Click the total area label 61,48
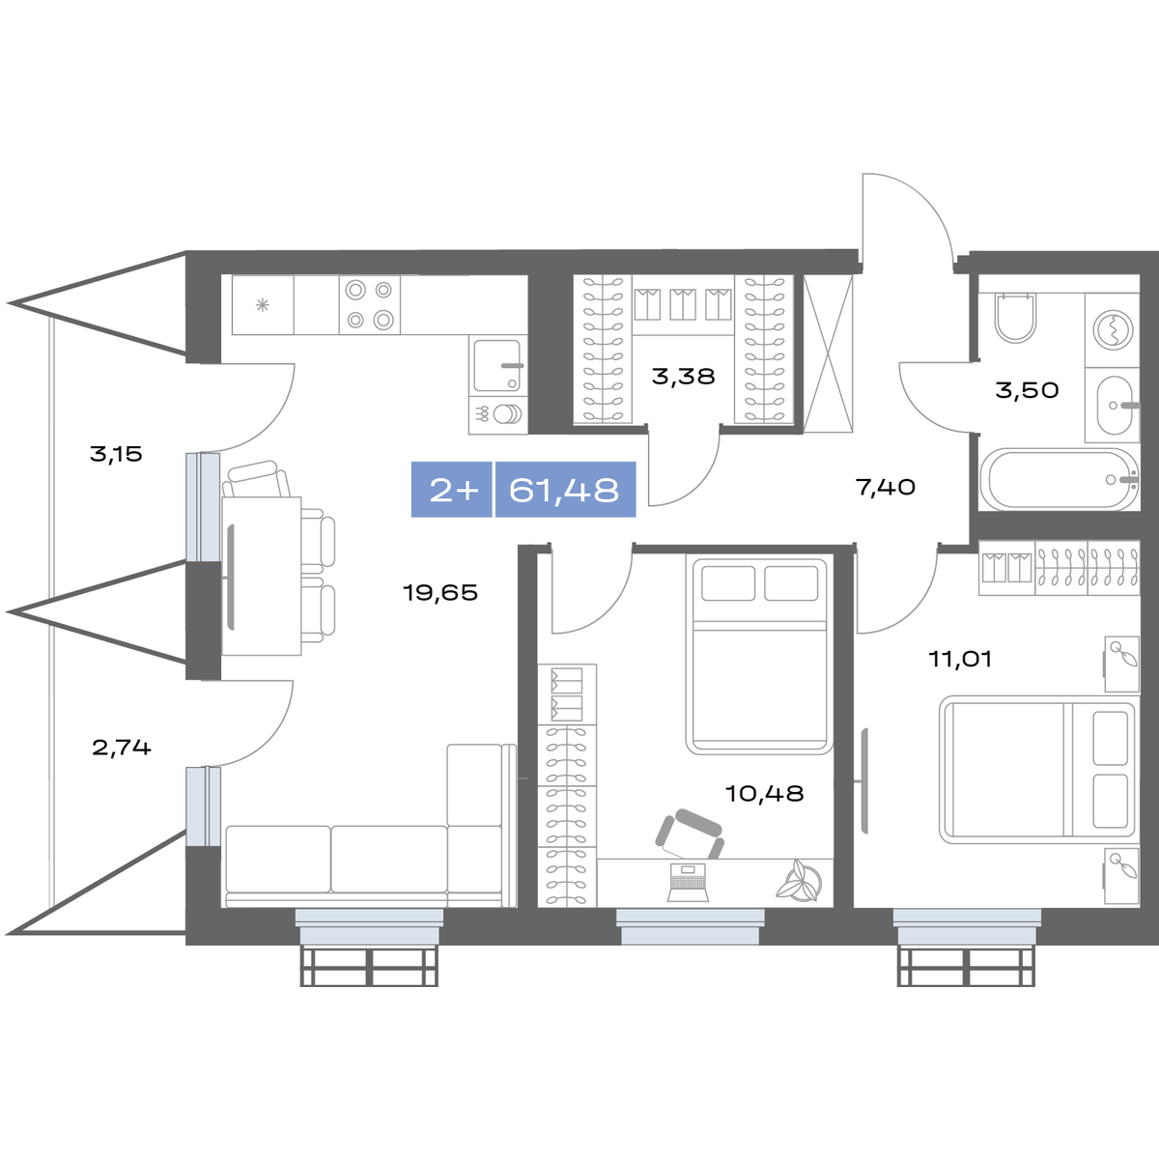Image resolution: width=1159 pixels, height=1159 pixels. pos(563,490)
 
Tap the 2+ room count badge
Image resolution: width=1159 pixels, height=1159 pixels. pos(454,491)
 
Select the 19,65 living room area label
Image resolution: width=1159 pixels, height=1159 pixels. pos(440,593)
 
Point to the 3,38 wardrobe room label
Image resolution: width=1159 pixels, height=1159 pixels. pos(683,377)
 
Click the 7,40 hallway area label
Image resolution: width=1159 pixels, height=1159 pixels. pos(886,487)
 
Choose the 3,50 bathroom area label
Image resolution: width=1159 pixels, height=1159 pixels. pos(1027,390)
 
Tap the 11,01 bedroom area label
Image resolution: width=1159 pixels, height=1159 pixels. pos(960,660)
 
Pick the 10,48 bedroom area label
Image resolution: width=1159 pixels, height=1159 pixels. pos(764,794)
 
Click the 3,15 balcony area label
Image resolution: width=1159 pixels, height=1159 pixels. pos(116,454)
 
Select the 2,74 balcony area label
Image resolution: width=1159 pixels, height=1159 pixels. pos(122,748)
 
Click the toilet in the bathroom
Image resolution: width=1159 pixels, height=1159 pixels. pos(1015,318)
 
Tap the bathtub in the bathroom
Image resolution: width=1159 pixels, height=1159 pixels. pos(1060,479)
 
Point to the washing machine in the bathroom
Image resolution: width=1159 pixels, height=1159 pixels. pos(1113,330)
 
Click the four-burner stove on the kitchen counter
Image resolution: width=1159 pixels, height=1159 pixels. pos(370,305)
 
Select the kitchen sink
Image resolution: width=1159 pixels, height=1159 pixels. pos(497,366)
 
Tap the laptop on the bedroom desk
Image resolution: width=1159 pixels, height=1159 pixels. pos(688,883)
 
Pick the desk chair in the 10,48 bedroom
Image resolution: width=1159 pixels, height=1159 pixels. pos(690,834)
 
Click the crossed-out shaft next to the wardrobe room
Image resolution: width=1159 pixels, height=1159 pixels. pos(828,353)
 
